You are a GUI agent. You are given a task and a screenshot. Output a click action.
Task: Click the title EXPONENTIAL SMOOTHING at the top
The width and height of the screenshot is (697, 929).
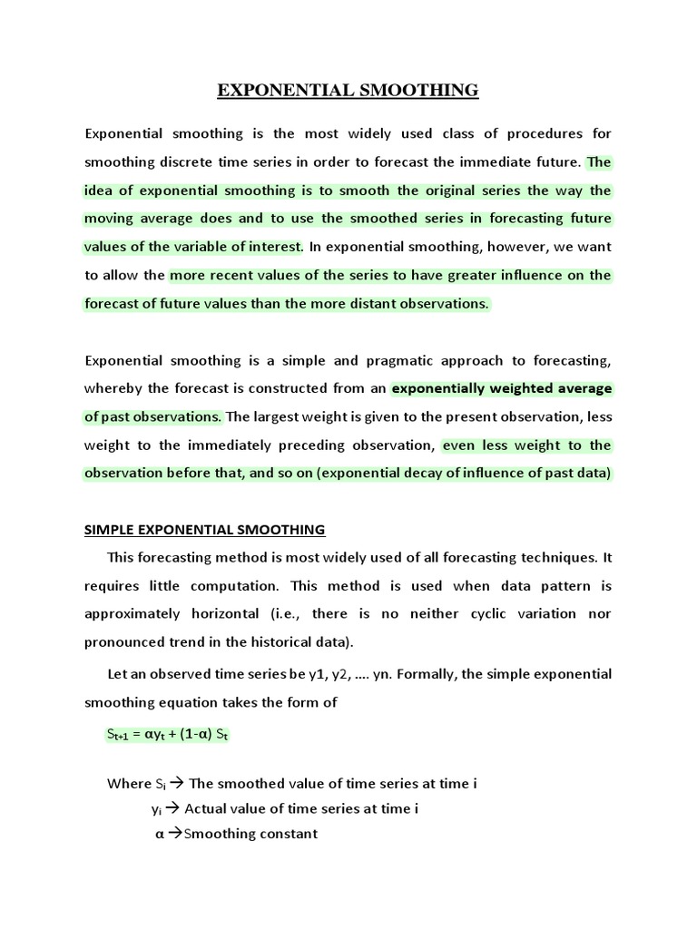pyautogui.click(x=348, y=90)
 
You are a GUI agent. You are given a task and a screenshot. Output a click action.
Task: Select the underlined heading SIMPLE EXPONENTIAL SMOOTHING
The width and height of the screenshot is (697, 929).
pyautogui.click(x=204, y=530)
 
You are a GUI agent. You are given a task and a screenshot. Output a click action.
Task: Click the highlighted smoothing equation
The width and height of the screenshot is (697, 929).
pyautogui.click(x=168, y=736)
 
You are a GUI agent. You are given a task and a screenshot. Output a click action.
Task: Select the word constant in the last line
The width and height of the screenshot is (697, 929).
pyautogui.click(x=286, y=834)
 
